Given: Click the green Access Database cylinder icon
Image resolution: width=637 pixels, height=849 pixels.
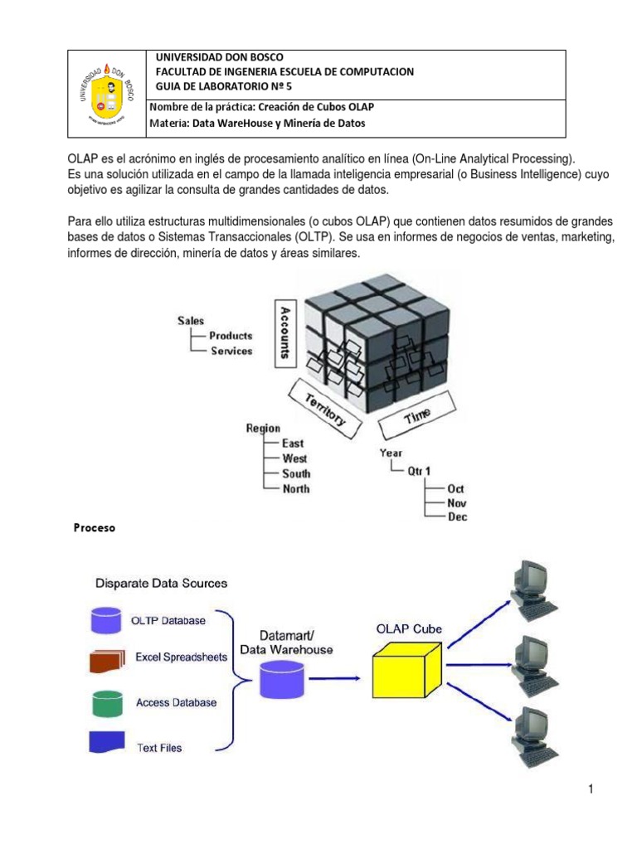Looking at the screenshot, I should click(x=105, y=703).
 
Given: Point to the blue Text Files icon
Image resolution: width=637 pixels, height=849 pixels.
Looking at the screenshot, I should click(x=105, y=742).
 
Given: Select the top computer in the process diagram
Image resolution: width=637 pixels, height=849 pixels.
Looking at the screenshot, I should click(x=529, y=591).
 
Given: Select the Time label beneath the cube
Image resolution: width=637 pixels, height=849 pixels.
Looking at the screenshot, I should click(x=417, y=416).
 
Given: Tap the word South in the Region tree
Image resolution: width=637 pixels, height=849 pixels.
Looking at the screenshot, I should click(x=296, y=473).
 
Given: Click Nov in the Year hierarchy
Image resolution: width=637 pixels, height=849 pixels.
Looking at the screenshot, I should click(x=456, y=502).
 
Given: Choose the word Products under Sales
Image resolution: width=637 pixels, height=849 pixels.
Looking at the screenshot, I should click(x=231, y=336).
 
